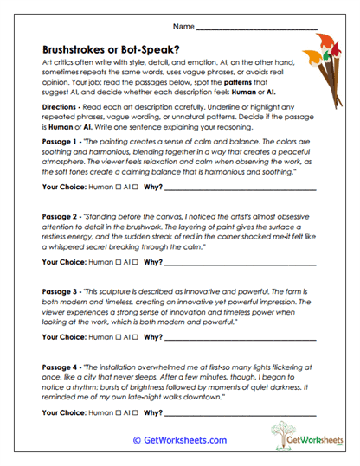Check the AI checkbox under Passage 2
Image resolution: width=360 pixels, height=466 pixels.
click(137, 260)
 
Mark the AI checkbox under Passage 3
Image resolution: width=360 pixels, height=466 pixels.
click(137, 335)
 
